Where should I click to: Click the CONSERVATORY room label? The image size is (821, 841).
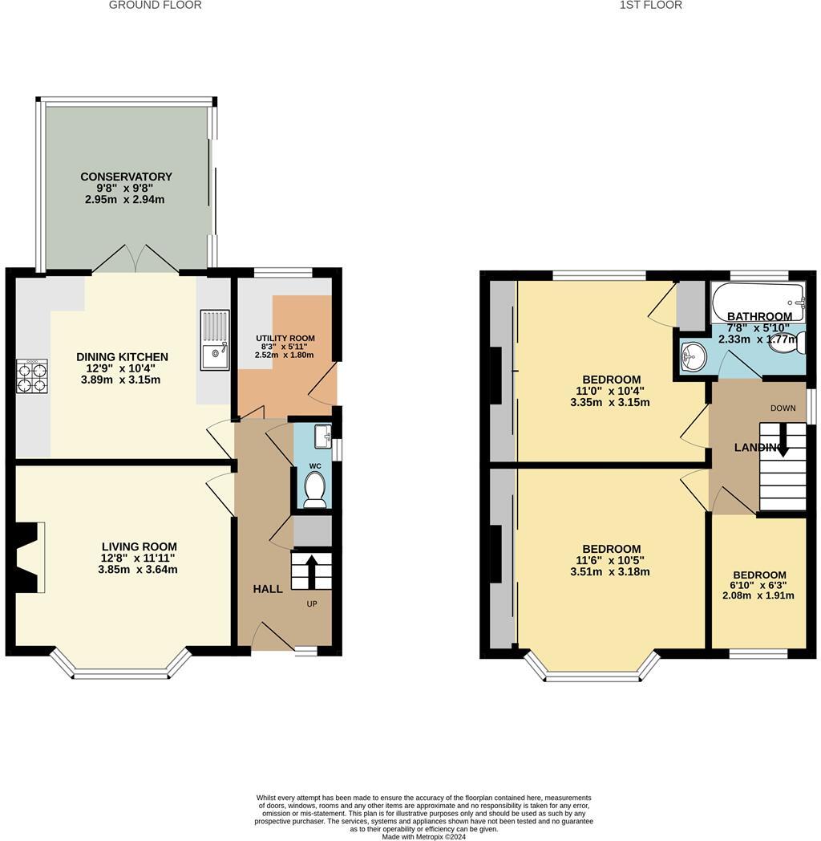[x=126, y=177]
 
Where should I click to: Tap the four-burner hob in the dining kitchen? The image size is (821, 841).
[x=32, y=376]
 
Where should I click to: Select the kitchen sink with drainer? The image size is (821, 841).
[x=214, y=340]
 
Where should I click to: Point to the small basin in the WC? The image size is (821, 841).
[x=323, y=437]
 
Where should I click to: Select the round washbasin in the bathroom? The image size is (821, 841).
[x=693, y=356]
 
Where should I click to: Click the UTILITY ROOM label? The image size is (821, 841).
[x=285, y=339]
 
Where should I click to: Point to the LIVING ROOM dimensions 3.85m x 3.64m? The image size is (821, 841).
[x=133, y=570]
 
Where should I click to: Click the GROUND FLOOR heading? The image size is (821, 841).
[x=155, y=6]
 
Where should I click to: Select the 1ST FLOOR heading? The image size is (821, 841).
[x=650, y=6]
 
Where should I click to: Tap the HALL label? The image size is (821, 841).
[x=268, y=589]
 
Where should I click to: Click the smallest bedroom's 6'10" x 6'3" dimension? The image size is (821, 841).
[x=758, y=586]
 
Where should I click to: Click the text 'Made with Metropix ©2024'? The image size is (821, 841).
[x=423, y=836]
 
